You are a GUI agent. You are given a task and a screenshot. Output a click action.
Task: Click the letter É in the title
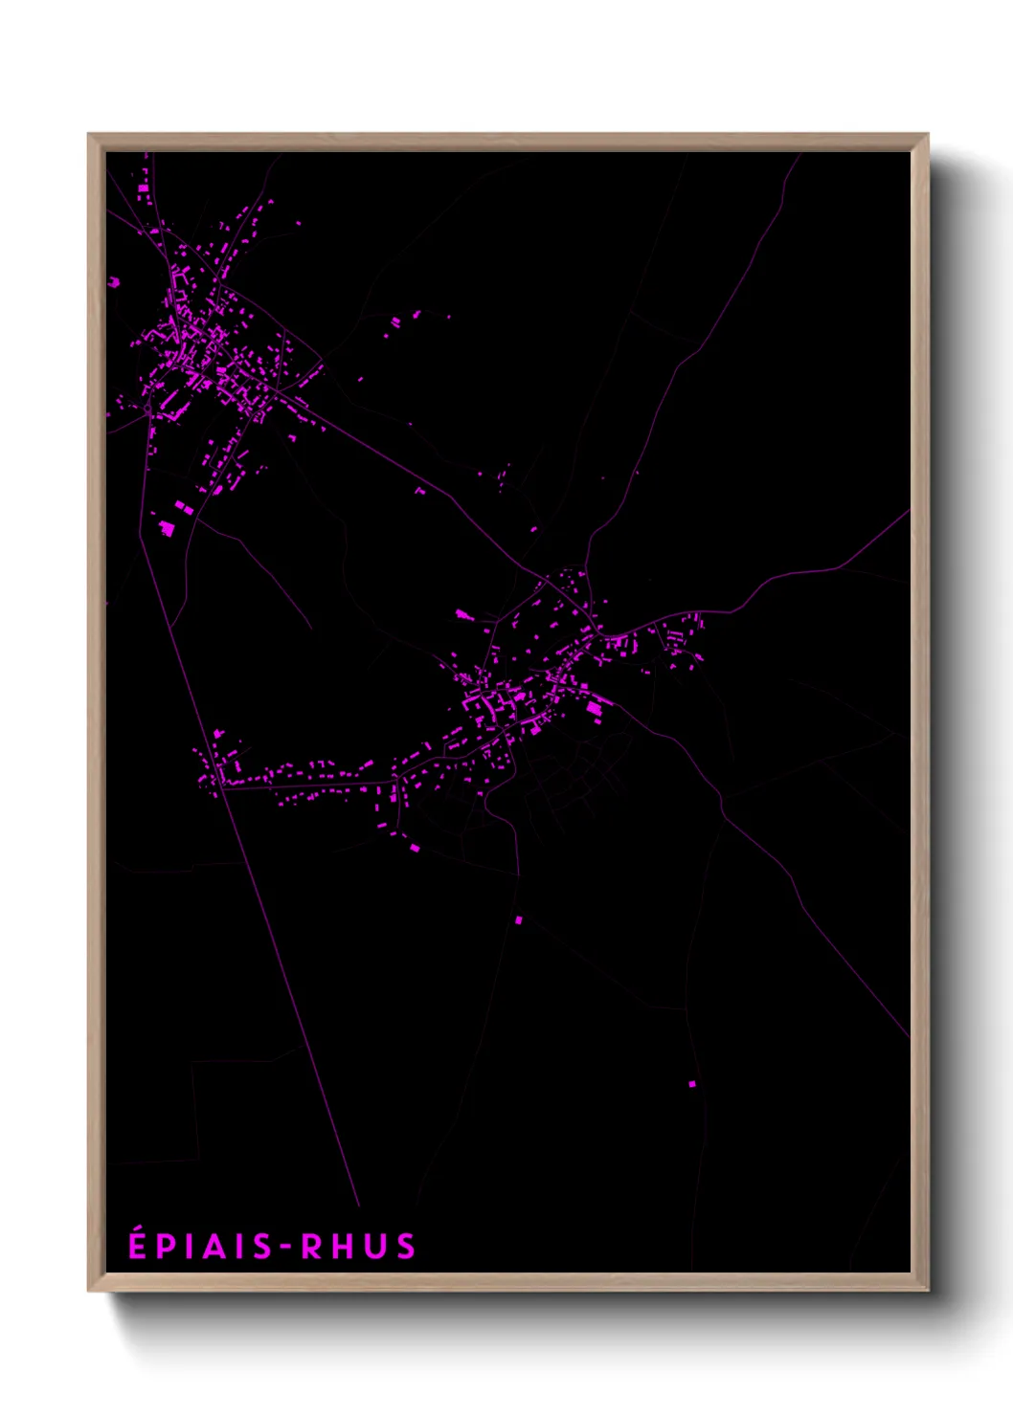(138, 1245)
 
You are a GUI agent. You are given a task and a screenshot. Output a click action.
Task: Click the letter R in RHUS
(311, 1247)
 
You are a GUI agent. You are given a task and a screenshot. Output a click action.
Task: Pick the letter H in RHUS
(342, 1247)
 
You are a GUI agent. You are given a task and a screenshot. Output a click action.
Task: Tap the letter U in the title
(374, 1247)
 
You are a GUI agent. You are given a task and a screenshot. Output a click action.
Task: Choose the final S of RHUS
(406, 1247)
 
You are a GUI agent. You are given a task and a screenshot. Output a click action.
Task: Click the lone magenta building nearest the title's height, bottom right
(692, 1084)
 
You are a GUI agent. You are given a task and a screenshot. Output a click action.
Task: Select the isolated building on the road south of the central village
(519, 919)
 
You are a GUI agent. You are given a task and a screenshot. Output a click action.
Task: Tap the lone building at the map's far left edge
(114, 282)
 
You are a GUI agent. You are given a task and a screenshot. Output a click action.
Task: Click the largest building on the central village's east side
(595, 709)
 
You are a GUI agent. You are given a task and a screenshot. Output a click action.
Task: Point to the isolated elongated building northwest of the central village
(463, 614)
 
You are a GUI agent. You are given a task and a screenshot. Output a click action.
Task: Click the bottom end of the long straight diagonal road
(359, 1206)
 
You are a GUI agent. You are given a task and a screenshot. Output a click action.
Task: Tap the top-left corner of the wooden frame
(90, 136)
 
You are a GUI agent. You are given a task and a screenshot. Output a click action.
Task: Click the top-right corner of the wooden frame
(927, 136)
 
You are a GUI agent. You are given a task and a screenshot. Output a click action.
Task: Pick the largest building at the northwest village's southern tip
(167, 526)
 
